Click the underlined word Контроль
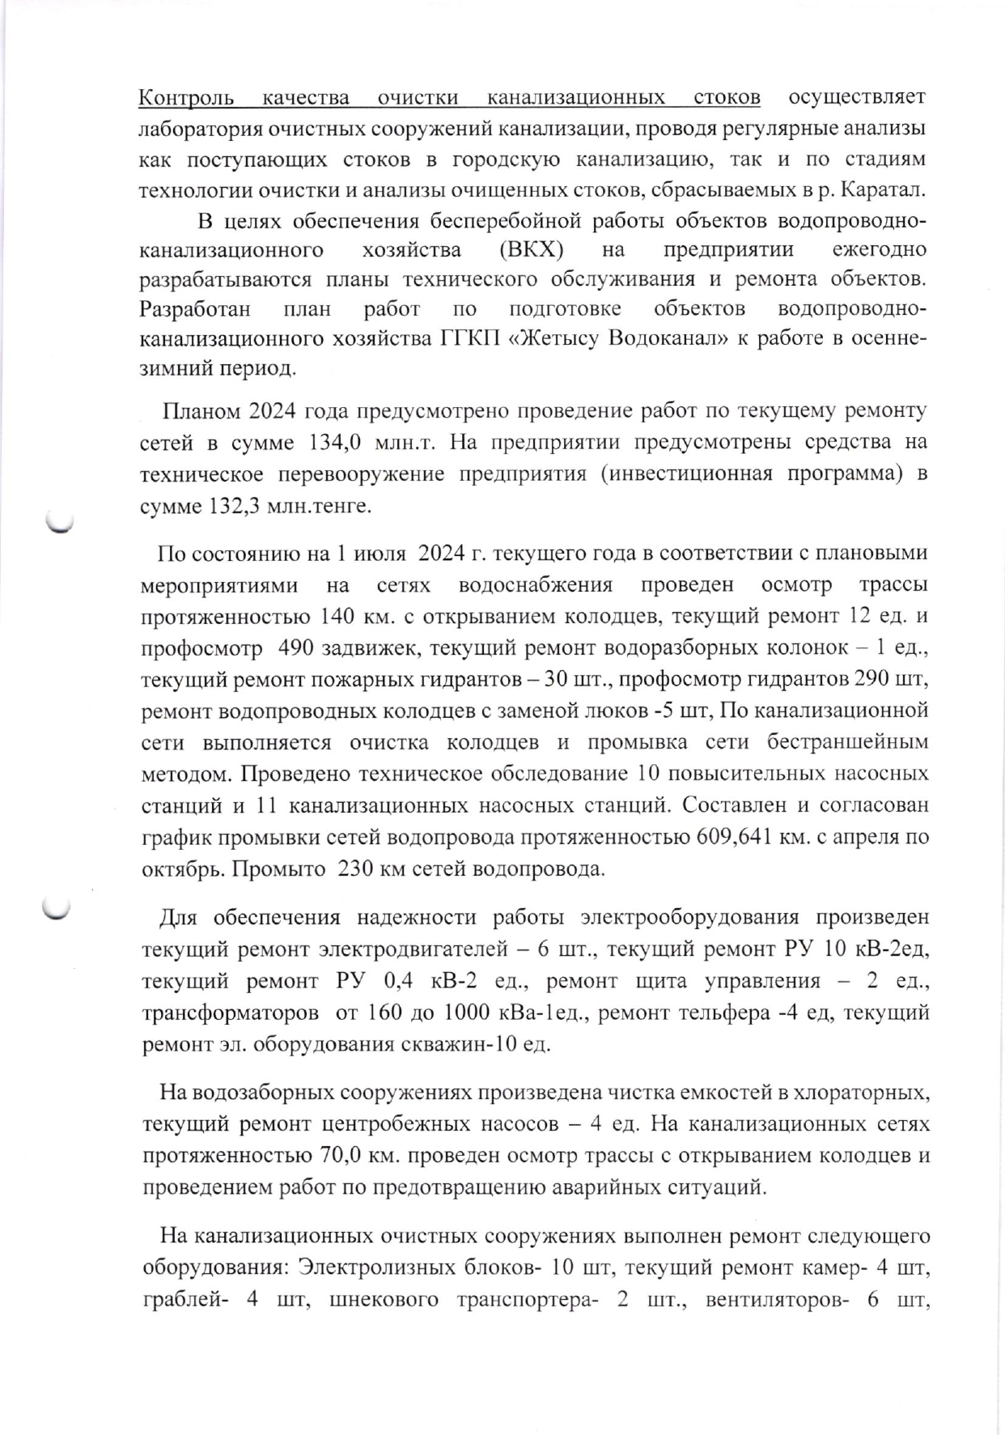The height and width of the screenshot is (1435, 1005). point(187,98)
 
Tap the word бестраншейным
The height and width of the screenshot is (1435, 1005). point(847,743)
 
